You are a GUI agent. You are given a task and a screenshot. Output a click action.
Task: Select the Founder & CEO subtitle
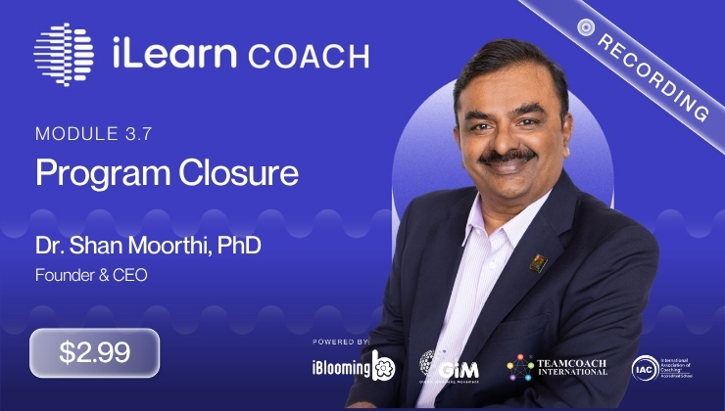pyautogui.click(x=92, y=276)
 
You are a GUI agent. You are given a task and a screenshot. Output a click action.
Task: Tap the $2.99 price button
pyautogui.click(x=94, y=352)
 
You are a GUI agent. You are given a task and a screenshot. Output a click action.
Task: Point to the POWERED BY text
pyautogui.click(x=341, y=342)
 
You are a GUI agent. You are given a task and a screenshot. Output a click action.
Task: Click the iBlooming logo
pyautogui.click(x=354, y=368)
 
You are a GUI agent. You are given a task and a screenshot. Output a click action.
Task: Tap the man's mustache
pyautogui.click(x=507, y=157)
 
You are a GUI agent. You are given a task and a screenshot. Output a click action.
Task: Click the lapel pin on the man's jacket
pyautogui.click(x=538, y=261)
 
